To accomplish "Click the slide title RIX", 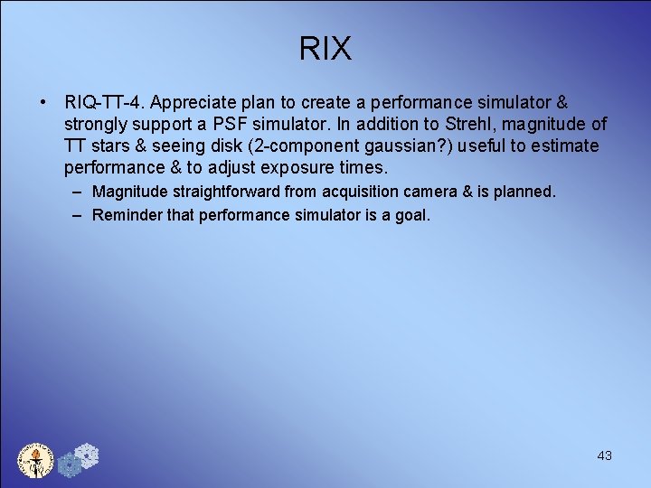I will pos(325,49).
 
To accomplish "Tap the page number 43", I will pos(605,455).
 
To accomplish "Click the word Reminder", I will pos(127,215).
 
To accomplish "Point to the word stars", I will pos(107,145).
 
